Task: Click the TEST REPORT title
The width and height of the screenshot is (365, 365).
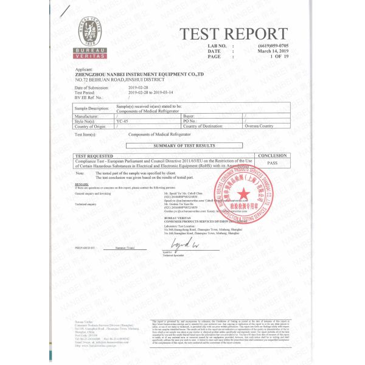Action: tap(234, 34)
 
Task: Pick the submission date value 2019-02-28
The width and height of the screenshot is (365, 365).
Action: tap(139, 88)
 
